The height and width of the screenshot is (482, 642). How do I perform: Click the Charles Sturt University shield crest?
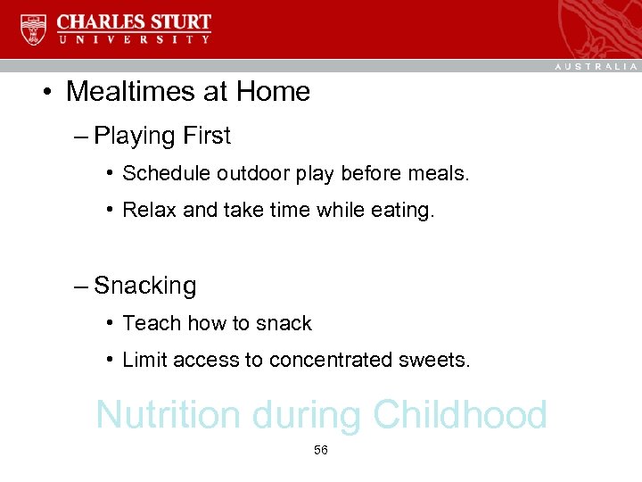[x=32, y=29]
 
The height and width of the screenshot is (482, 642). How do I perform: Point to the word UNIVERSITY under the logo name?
[x=134, y=39]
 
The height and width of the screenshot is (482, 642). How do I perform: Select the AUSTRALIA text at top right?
[x=597, y=66]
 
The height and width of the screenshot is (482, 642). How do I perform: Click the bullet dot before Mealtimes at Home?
[x=53, y=92]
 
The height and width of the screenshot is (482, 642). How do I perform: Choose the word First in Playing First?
[x=206, y=137]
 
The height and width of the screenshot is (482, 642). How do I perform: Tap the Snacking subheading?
[x=144, y=287]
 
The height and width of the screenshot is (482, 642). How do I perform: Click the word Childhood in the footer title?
[x=460, y=415]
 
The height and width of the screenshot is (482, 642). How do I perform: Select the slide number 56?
[x=321, y=451]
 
